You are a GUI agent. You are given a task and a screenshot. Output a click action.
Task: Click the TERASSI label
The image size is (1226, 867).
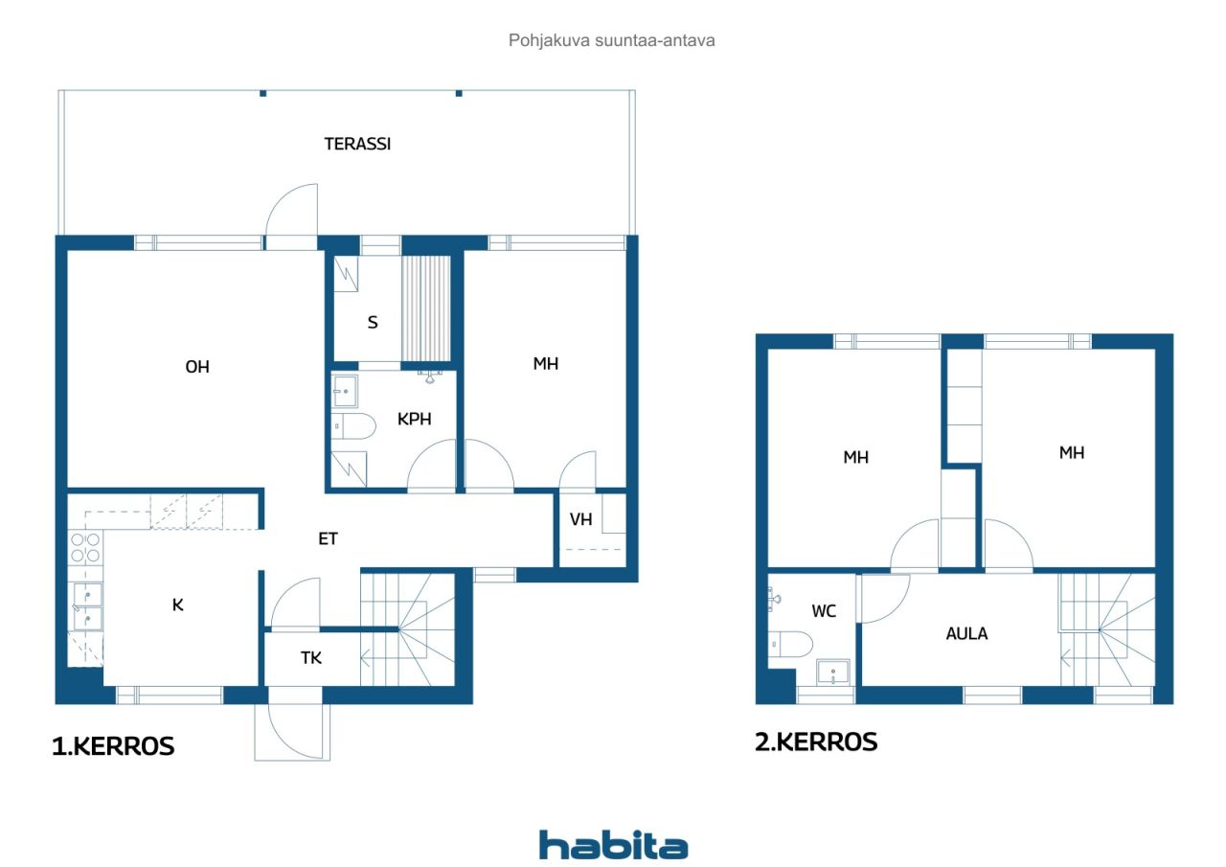tap(357, 144)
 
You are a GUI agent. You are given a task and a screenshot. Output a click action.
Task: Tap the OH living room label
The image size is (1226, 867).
tap(197, 367)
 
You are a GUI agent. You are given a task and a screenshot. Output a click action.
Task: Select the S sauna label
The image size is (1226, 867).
tap(373, 323)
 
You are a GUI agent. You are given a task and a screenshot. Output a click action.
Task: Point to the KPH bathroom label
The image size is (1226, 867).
tap(415, 420)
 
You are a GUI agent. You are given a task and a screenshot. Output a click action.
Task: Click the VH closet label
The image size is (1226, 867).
tap(580, 519)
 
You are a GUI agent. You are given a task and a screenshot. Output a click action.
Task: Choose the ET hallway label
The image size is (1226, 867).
tap(328, 539)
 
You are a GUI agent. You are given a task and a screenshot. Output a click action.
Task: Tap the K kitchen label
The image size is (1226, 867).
tap(177, 605)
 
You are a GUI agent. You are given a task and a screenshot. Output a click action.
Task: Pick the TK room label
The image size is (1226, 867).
tap(311, 658)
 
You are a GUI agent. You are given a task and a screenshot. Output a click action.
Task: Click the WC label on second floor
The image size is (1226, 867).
tap(824, 611)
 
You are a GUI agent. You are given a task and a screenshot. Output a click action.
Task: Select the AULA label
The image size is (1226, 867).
tap(966, 634)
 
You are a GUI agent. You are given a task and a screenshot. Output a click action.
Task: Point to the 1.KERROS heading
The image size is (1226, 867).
tap(113, 746)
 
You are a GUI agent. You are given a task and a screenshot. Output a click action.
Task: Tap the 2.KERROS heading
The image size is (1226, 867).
tap(816, 742)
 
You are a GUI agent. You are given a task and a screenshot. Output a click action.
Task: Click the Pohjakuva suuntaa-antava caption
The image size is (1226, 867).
tap(611, 40)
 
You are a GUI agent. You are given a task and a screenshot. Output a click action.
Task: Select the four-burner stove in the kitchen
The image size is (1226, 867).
tap(85, 548)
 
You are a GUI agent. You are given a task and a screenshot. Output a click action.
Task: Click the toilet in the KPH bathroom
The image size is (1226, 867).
tap(353, 426)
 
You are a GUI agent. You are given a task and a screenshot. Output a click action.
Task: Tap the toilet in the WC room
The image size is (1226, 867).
tap(790, 644)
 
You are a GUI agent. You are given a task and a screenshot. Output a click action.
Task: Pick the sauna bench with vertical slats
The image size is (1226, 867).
tap(426, 308)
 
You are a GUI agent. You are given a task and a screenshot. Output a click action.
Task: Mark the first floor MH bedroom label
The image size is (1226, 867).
tap(546, 364)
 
